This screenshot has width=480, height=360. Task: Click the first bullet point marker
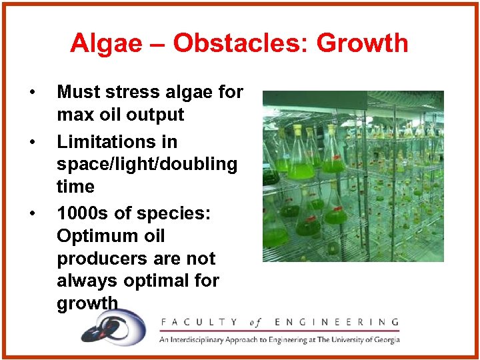pos(32,92)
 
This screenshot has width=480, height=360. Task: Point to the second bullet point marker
pos(32,142)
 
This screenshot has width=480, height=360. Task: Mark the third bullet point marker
pos(32,214)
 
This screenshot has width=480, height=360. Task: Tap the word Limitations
pos(117,142)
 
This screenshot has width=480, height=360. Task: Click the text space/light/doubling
pos(147,165)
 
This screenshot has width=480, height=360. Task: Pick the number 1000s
pos(83,214)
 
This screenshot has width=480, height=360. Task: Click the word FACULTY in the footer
pos(198,323)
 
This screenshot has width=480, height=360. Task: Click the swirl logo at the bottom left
pos(113,328)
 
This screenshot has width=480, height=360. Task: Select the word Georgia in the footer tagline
pos(384,339)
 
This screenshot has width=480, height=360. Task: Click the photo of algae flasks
pos(353,176)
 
